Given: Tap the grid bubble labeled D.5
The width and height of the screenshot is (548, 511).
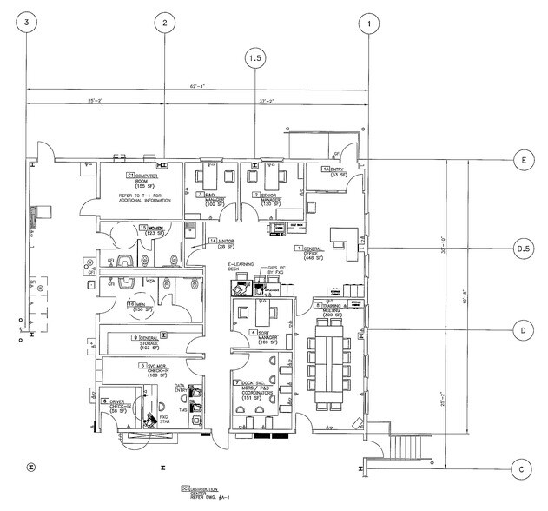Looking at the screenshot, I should pyautogui.click(x=523, y=247).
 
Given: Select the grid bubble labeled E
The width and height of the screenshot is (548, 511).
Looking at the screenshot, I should pyautogui.click(x=523, y=162).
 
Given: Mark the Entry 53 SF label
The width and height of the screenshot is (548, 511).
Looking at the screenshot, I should pyautogui.click(x=334, y=171).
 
